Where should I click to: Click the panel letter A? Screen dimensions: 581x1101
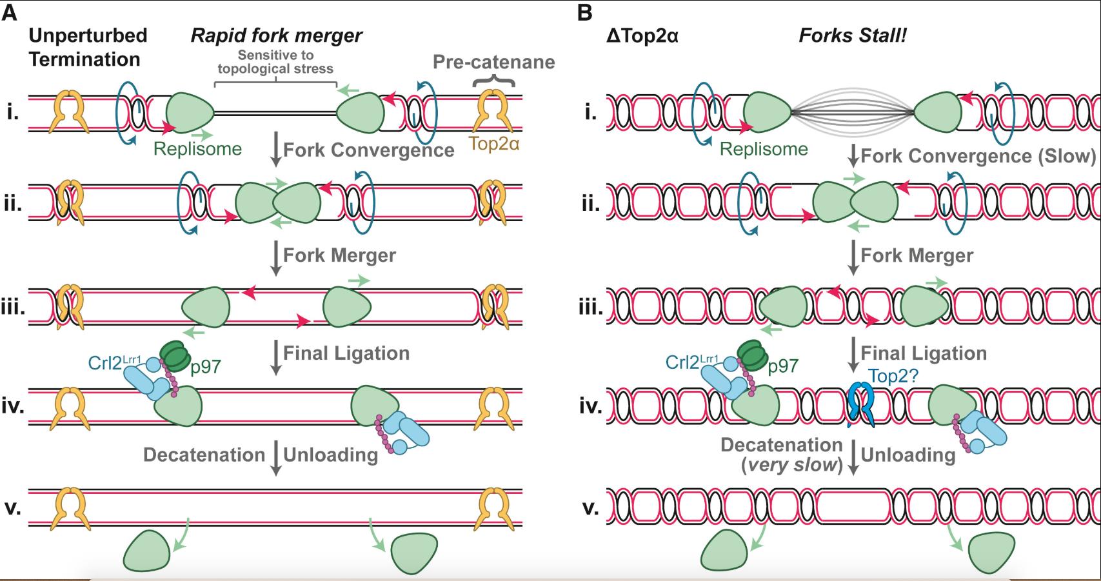click(9, 12)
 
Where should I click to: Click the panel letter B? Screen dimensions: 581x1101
click(584, 12)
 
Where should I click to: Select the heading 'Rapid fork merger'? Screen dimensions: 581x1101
click(276, 35)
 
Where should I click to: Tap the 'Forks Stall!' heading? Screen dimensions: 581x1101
click(853, 35)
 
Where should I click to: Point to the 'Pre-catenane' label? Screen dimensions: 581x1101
click(493, 62)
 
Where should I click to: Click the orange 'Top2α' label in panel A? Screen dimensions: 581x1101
click(494, 143)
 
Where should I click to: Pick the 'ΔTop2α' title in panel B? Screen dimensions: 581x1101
click(642, 35)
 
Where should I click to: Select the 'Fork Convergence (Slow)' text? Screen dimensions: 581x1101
click(978, 156)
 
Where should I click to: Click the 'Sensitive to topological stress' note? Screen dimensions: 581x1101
click(275, 63)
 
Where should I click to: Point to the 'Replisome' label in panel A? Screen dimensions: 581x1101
click(197, 149)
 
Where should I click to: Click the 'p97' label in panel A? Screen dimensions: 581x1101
click(206, 366)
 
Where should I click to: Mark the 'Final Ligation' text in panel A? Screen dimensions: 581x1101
click(346, 353)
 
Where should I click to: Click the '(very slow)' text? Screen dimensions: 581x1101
click(791, 464)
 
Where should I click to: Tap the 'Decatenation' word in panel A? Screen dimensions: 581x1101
click(204, 455)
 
